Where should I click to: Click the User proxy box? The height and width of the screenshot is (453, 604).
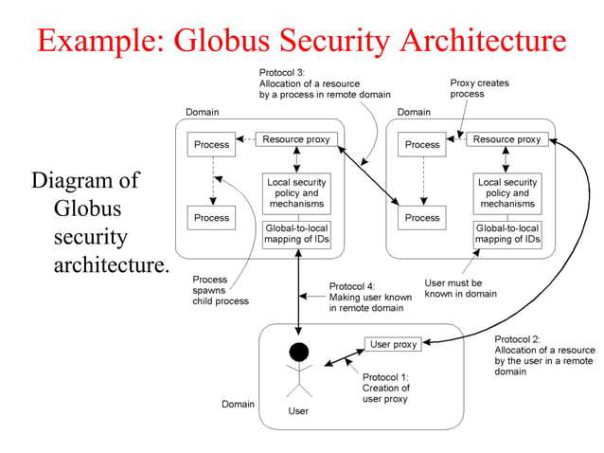[x=392, y=344]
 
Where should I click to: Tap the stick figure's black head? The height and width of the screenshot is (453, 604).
[x=299, y=353]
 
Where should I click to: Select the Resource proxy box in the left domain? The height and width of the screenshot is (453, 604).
[x=295, y=139]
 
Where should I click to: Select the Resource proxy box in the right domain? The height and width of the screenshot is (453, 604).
[x=506, y=139]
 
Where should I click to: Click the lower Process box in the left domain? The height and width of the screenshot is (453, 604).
[x=211, y=217]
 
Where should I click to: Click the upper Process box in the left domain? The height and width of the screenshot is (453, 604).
[x=211, y=145]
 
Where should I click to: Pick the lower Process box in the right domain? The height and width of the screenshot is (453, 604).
[x=422, y=217]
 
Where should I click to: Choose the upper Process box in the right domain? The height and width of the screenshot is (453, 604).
[x=422, y=145]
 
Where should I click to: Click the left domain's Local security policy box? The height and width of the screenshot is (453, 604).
[x=295, y=192]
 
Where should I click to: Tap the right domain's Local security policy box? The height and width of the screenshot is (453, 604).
[x=506, y=192]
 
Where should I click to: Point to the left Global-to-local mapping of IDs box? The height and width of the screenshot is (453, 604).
[x=295, y=234]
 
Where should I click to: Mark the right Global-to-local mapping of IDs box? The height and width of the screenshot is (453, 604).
[x=506, y=234]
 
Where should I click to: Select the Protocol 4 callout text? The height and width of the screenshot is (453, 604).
[x=370, y=297]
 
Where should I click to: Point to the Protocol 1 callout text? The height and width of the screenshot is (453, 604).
[x=386, y=388]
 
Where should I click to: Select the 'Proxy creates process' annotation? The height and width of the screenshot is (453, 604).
[x=479, y=88]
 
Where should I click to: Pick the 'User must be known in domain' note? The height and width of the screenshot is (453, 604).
[x=460, y=288]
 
